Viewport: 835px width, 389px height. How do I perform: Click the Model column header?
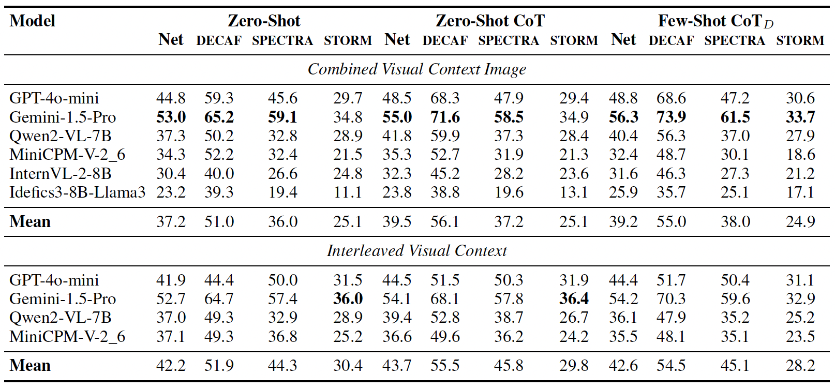pyautogui.click(x=32, y=21)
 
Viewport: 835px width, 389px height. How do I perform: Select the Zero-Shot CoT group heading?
pyautogui.click(x=490, y=21)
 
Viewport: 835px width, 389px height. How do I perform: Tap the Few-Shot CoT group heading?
pyautogui.click(x=715, y=21)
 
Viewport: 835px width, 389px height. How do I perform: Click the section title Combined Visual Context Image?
pyautogui.click(x=416, y=69)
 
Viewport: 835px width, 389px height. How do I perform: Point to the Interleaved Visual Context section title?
pyautogui.click(x=416, y=251)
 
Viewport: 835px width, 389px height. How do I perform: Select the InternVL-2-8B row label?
pyautogui.click(x=61, y=174)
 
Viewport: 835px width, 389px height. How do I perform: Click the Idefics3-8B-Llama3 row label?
pyautogui.click(x=77, y=192)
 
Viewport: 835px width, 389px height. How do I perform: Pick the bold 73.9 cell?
pyautogui.click(x=671, y=117)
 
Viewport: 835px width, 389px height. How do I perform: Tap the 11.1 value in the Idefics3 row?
pyautogui.click(x=347, y=192)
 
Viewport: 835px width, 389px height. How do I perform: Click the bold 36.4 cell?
pyautogui.click(x=574, y=299)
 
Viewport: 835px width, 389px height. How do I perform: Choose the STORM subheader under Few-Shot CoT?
pyautogui.click(x=800, y=40)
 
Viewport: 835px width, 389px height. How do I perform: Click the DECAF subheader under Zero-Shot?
pyautogui.click(x=219, y=40)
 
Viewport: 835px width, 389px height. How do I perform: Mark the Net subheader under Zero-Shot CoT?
pyautogui.click(x=397, y=40)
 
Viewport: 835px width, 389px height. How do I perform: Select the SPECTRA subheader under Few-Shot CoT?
pyautogui.click(x=735, y=40)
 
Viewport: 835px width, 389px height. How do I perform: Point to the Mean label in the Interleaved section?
pyautogui.click(x=30, y=366)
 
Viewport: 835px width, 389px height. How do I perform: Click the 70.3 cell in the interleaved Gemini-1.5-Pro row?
pyautogui.click(x=671, y=299)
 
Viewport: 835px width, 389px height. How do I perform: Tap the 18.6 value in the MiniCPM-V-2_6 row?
pyautogui.click(x=800, y=155)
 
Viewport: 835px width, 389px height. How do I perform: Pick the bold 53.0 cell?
pyautogui.click(x=171, y=117)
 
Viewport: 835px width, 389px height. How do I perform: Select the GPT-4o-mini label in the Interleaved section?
pyautogui.click(x=54, y=280)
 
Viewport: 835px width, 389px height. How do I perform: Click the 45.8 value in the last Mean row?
pyautogui.click(x=509, y=366)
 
